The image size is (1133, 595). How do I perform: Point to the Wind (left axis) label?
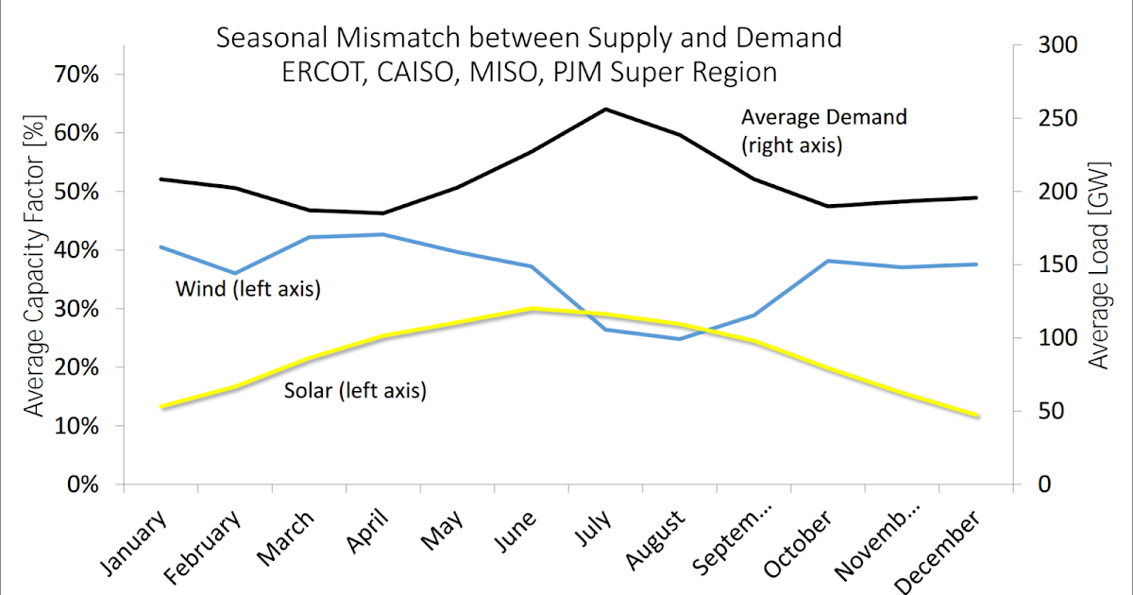coord(248,289)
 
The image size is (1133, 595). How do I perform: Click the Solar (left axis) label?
coord(355,389)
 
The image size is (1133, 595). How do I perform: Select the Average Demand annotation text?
coord(823,117)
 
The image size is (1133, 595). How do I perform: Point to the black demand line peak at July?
coord(605,109)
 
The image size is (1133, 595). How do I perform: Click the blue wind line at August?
coord(679,338)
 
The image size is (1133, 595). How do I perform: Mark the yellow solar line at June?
coord(532,309)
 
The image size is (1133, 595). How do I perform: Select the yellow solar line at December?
coord(975,416)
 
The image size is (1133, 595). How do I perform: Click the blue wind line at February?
coord(235,273)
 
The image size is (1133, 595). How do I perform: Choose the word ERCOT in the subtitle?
coord(319,72)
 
